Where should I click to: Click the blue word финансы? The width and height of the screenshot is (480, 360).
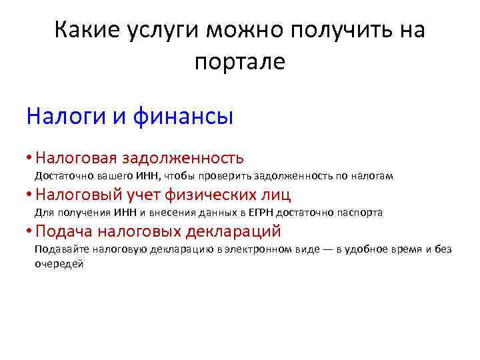tap(193, 117)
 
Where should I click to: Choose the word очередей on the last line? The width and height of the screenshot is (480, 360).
tap(59, 263)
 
